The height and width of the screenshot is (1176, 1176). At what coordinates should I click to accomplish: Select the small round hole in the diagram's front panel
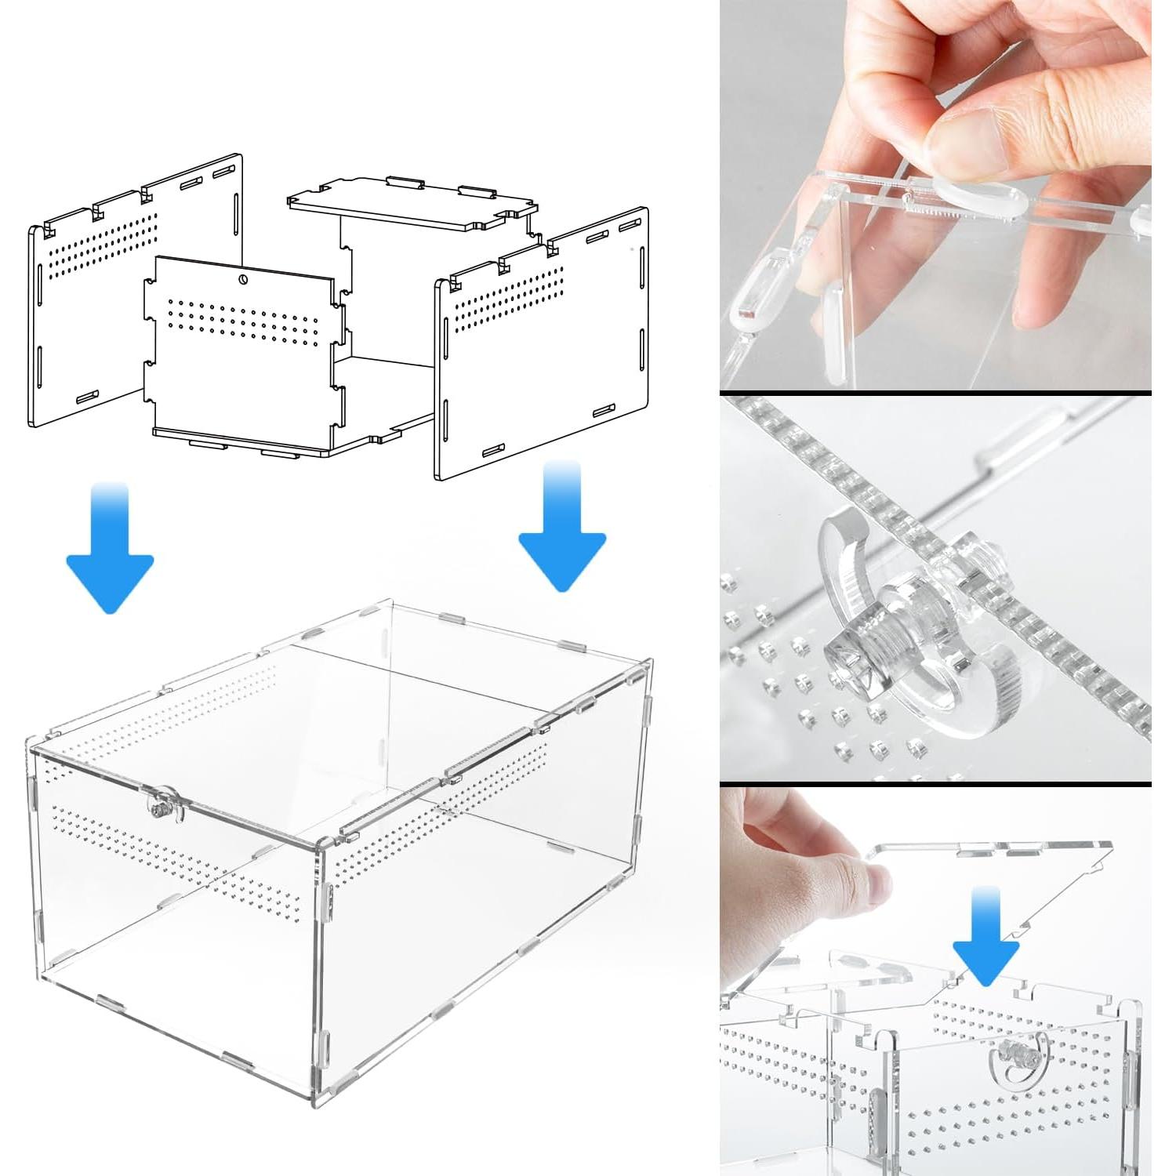pyautogui.click(x=244, y=279)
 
